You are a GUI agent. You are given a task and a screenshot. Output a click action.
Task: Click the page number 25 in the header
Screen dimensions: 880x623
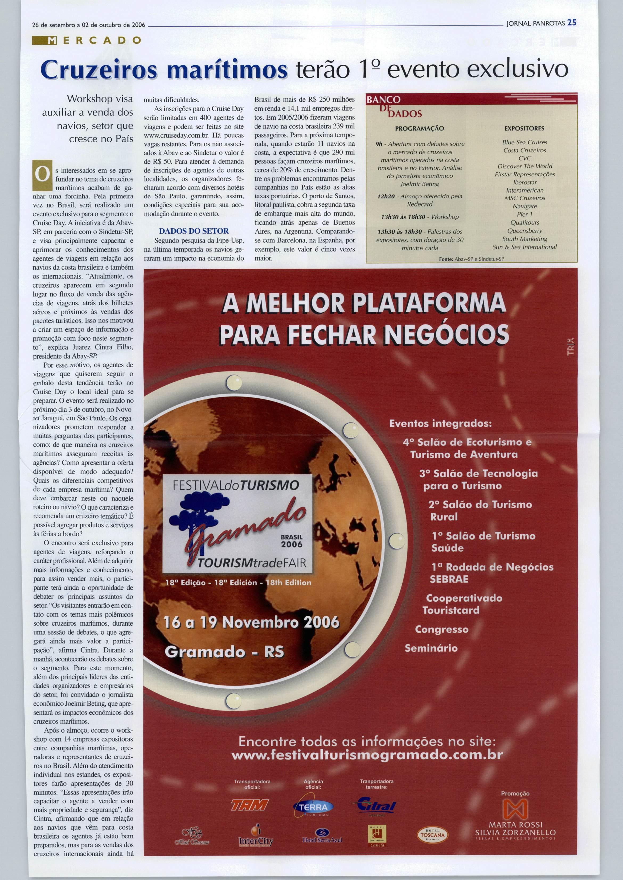[x=572, y=22]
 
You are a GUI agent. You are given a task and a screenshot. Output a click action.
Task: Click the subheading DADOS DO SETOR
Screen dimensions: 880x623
[x=194, y=231]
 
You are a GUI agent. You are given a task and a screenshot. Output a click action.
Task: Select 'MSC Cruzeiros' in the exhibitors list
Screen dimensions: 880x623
[x=524, y=198]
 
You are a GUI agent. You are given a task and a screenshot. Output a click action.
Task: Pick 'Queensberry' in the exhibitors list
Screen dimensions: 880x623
[x=524, y=230]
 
